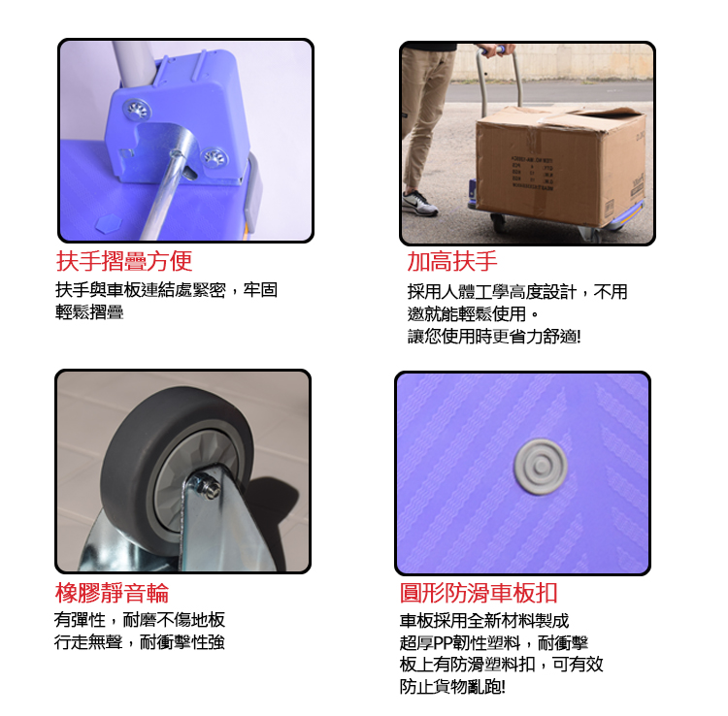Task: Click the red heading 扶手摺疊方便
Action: pyautogui.click(x=124, y=261)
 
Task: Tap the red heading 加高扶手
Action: pyautogui.click(x=452, y=261)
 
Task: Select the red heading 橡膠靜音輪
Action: pyautogui.click(x=112, y=593)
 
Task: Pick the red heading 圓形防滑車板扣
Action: pyautogui.click(x=479, y=593)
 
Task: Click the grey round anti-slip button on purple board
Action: pyautogui.click(x=541, y=467)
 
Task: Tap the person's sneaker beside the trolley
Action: pyautogui.click(x=419, y=204)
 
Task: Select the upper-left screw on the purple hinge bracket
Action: pyautogui.click(x=138, y=110)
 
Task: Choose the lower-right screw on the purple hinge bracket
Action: pyautogui.click(x=215, y=158)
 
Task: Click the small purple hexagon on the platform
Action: pyautogui.click(x=109, y=224)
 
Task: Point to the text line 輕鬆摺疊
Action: pyautogui.click(x=89, y=311)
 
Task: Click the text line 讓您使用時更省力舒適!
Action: pyautogui.click(x=494, y=336)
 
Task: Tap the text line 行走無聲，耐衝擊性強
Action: pyautogui.click(x=139, y=641)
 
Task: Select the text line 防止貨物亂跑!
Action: pyautogui.click(x=452, y=686)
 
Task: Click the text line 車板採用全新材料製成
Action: pyautogui.click(x=484, y=620)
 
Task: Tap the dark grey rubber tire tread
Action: pyautogui.click(x=139, y=445)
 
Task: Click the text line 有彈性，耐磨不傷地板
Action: pyautogui.click(x=139, y=620)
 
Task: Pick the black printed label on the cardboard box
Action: pyautogui.click(x=532, y=173)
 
